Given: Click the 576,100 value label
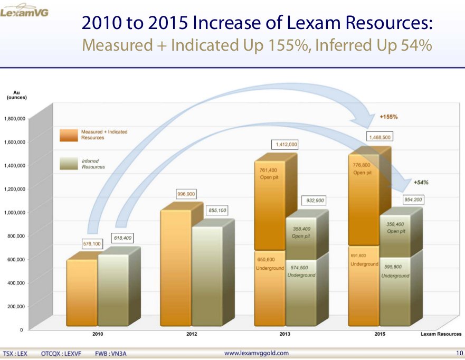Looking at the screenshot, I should pyautogui.click(x=92, y=244).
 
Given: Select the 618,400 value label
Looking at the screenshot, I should pyautogui.click(x=122, y=238).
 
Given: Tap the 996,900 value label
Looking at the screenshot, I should pyautogui.click(x=186, y=194).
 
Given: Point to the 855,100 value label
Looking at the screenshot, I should pyautogui.click(x=217, y=210).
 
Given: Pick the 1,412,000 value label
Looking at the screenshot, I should pyautogui.click(x=286, y=144).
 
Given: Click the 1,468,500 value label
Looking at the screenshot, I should pyautogui.click(x=380, y=136).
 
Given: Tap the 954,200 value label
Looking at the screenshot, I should pyautogui.click(x=412, y=200).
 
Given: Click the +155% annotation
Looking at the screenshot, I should pyautogui.click(x=389, y=116).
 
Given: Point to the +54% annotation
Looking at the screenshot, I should pyautogui.click(x=421, y=183).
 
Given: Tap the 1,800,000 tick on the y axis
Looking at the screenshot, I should pyautogui.click(x=14, y=119).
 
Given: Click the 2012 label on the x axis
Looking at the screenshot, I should pyautogui.click(x=192, y=334).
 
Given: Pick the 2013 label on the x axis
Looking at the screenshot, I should pyautogui.click(x=286, y=334).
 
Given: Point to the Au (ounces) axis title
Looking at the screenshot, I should pyautogui.click(x=17, y=95).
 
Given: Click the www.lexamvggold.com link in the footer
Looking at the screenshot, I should pyautogui.click(x=257, y=353).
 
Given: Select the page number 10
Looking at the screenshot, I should pyautogui.click(x=459, y=353).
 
